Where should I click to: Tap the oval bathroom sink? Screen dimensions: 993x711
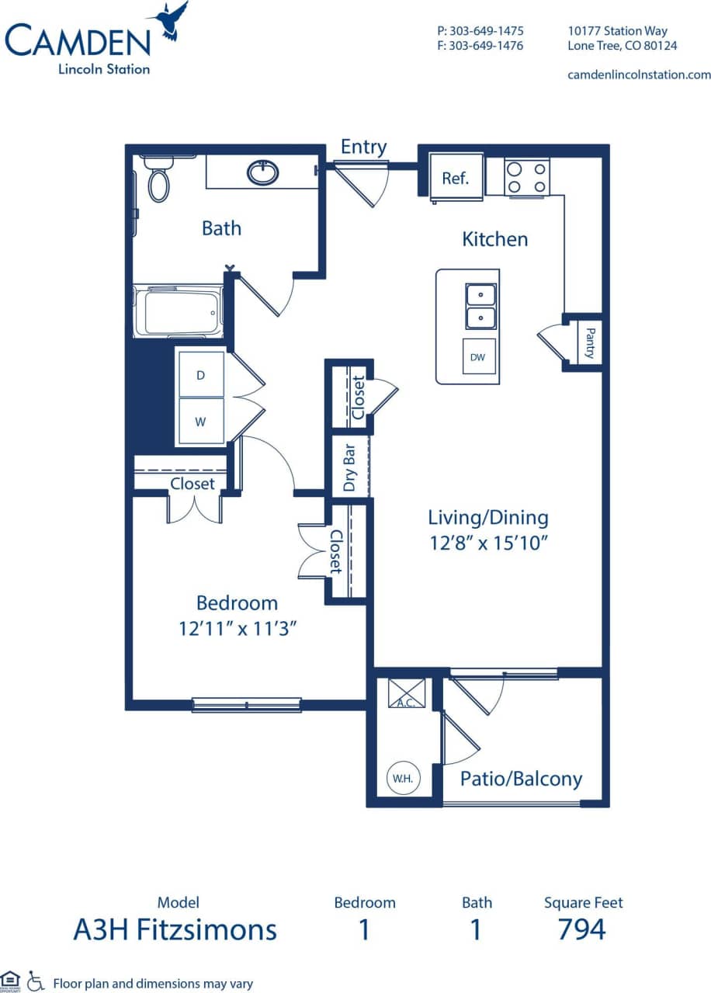(x=263, y=172)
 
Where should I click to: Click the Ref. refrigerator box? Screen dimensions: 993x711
(x=456, y=178)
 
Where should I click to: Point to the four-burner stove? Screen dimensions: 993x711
(x=526, y=177)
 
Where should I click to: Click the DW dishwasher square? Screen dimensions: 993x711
(x=478, y=357)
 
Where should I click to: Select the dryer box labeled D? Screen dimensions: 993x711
(x=200, y=375)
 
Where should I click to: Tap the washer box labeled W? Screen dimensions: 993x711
(x=200, y=422)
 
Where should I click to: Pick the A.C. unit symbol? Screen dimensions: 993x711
(x=407, y=693)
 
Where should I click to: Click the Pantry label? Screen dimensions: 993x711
(x=590, y=342)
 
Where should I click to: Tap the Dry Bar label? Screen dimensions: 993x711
(x=349, y=467)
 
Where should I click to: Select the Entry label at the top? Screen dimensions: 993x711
(x=363, y=147)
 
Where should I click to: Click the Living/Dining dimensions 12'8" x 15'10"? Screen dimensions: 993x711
(x=489, y=543)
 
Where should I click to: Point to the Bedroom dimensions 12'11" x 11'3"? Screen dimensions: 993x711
(x=237, y=628)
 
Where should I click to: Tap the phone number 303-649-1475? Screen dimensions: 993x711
(x=480, y=31)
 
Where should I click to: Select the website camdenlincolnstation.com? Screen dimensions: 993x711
(x=639, y=75)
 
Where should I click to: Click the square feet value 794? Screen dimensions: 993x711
(x=582, y=929)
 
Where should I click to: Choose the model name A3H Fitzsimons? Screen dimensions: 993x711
(x=175, y=929)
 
